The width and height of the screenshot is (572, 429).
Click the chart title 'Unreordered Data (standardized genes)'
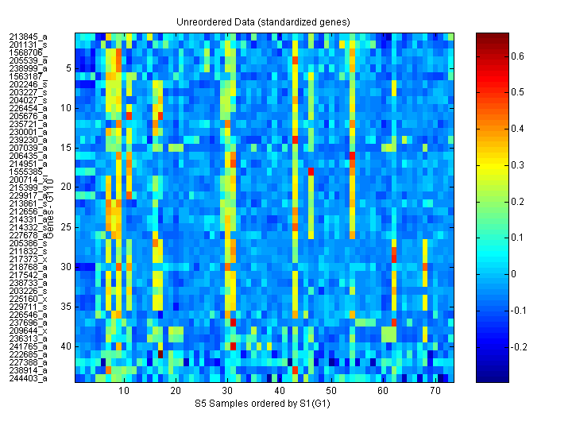(x=265, y=21)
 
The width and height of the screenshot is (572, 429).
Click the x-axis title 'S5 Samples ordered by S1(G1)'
(x=265, y=404)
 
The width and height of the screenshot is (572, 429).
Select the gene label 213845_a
(x=29, y=37)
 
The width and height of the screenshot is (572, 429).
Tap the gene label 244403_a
(x=29, y=378)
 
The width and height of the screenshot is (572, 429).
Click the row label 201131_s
(x=29, y=44)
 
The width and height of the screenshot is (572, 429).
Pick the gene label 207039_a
(x=29, y=148)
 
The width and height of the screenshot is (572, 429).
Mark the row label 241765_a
(x=29, y=346)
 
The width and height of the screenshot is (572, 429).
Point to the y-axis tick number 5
(x=68, y=68)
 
